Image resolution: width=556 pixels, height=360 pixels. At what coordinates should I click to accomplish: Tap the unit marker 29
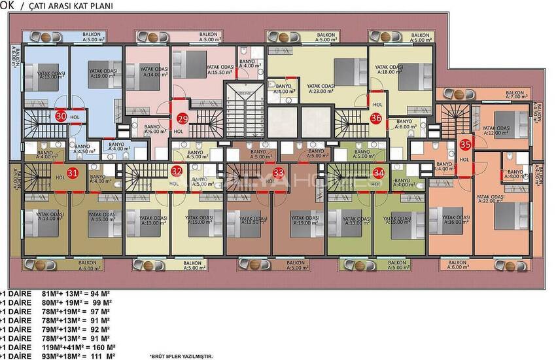[x=182, y=118]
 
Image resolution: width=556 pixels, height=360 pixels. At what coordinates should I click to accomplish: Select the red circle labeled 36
[x=375, y=118]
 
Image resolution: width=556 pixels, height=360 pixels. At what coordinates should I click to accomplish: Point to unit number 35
[x=465, y=145]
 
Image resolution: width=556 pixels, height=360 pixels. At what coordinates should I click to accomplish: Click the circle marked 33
[x=279, y=172]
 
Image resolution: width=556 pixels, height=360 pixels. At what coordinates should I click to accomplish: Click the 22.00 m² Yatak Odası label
[x=489, y=200]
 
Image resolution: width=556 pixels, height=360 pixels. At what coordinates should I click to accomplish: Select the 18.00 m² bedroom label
[x=389, y=70]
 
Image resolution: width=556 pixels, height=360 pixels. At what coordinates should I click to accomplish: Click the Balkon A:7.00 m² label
[x=519, y=95]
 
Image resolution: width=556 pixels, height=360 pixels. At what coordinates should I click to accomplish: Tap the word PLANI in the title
[x=98, y=7]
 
